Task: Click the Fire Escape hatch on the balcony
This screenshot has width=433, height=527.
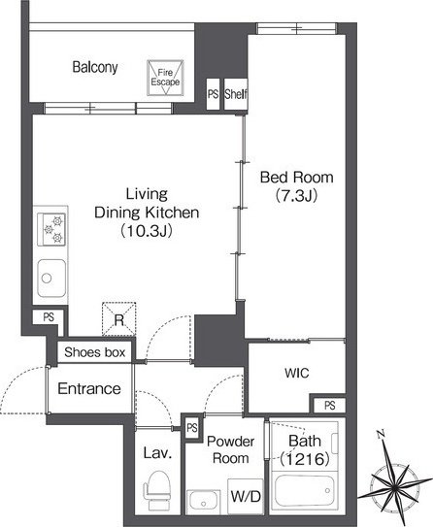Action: click(165, 78)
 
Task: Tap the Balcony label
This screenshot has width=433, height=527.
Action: click(95, 67)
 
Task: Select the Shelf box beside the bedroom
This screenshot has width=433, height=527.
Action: click(236, 94)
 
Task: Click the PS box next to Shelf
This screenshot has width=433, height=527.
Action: click(213, 94)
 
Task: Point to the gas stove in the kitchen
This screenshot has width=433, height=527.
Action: click(51, 230)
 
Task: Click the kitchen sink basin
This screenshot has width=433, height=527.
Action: click(51, 278)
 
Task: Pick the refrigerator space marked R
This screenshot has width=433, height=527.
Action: click(119, 319)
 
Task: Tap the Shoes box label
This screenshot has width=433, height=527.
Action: click(95, 352)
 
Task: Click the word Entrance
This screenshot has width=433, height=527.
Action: click(89, 389)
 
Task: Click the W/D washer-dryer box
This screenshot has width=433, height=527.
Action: click(246, 496)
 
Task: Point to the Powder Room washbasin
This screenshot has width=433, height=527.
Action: click(203, 502)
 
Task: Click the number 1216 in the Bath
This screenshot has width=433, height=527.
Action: click(305, 459)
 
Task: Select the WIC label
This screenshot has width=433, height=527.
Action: click(296, 373)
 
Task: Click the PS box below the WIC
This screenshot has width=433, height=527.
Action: click(329, 406)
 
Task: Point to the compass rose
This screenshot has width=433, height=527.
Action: click(394, 484)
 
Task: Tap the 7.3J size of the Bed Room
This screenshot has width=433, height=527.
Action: click(296, 195)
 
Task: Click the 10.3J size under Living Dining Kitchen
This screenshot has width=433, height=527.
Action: click(147, 231)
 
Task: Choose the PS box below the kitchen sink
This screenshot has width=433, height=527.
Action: click(49, 317)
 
